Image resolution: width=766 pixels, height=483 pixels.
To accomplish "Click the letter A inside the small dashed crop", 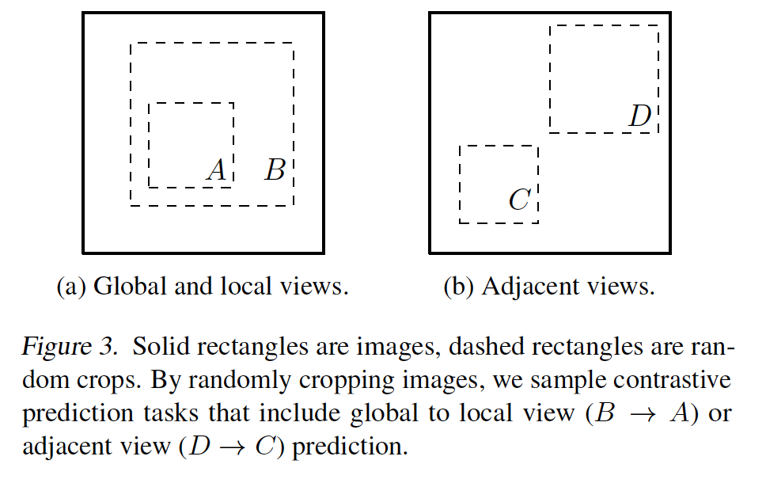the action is [x=217, y=170].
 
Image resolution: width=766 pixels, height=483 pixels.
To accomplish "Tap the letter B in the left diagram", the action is [x=275, y=170].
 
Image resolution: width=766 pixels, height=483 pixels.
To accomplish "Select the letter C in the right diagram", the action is [x=519, y=200].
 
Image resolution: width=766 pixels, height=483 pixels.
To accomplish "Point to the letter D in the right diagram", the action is [x=640, y=116].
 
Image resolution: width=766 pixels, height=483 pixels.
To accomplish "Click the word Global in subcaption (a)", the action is [x=130, y=286].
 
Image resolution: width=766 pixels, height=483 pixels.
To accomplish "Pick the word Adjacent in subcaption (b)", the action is [x=530, y=286].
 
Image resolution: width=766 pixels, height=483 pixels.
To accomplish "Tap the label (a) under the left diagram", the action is [x=71, y=287].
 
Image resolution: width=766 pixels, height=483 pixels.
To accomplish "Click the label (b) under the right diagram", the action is [x=459, y=287].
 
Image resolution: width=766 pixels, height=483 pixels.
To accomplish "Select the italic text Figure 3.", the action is [x=70, y=347].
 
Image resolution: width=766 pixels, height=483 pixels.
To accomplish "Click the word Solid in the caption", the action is [x=161, y=346].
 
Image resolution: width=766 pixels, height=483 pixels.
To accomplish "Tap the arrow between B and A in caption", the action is [x=643, y=414].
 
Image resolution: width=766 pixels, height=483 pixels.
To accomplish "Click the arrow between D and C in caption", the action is [x=232, y=447].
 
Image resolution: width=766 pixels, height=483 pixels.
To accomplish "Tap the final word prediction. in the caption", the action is [x=350, y=447].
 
